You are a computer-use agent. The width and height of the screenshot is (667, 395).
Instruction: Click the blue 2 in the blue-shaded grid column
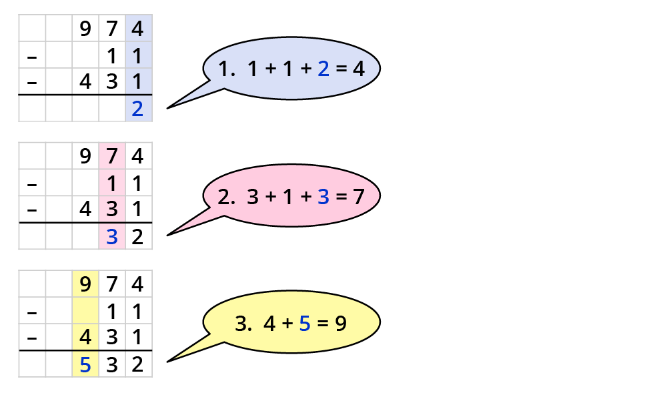[x=138, y=109]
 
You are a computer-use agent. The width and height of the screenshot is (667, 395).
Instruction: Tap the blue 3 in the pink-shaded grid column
[x=112, y=237]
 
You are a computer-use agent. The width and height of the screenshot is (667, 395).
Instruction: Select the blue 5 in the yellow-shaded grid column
[x=85, y=365]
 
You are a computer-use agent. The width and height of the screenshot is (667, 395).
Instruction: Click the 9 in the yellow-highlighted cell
[x=85, y=285]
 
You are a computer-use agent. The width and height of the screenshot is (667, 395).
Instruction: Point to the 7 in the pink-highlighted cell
[x=112, y=157]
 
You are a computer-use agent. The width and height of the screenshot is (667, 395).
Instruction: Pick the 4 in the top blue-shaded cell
[x=138, y=29]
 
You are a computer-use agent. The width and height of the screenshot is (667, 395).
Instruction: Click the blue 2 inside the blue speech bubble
[x=323, y=69]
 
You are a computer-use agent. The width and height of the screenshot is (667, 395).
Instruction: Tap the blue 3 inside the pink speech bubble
[x=323, y=197]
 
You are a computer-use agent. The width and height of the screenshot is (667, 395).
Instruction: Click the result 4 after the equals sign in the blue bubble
[x=358, y=69]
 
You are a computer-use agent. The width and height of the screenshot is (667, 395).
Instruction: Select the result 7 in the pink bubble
[x=358, y=197]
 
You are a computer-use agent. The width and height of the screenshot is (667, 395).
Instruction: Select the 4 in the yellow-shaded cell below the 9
[x=85, y=338]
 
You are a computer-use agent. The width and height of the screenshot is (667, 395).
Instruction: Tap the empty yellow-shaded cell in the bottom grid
[x=85, y=312]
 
